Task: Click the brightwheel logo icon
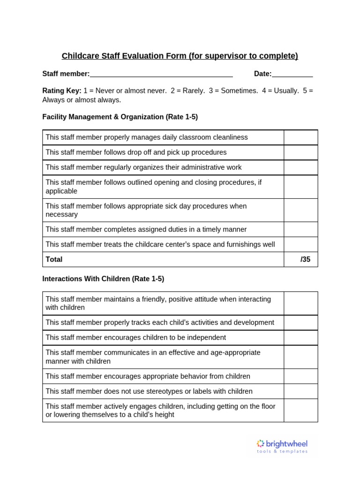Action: click(261, 443)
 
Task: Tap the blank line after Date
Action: click(292, 74)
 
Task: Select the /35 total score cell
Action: click(300, 259)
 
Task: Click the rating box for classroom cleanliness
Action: click(300, 137)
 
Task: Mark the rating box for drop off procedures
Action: click(300, 152)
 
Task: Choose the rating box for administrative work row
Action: click(300, 167)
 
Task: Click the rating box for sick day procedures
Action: click(300, 210)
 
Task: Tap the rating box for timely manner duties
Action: click(300, 229)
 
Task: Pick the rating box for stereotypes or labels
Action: click(300, 391)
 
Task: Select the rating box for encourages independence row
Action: click(300, 337)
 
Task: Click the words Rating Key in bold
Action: click(62, 91)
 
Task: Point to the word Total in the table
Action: click(54, 259)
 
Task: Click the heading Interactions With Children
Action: click(103, 279)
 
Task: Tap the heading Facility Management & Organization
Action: click(120, 117)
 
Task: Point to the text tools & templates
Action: click(282, 451)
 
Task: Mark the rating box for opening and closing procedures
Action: click(300, 187)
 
